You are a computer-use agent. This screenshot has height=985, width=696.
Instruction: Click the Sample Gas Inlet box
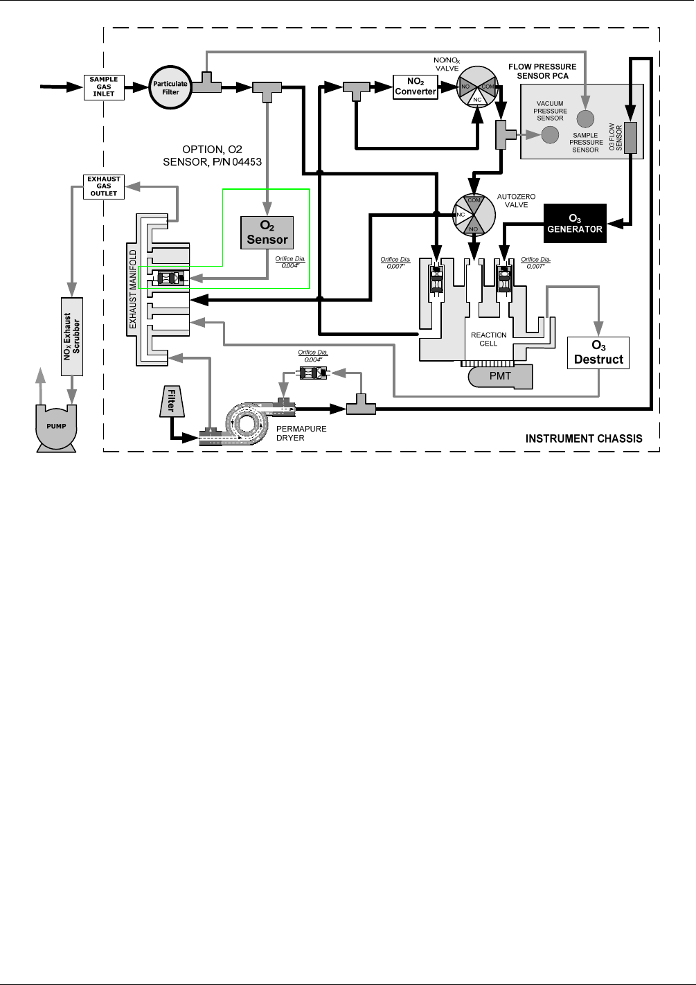(x=104, y=87)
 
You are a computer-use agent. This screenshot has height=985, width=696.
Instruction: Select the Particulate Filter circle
(x=170, y=88)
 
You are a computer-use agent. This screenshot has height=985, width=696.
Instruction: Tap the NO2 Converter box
(x=416, y=87)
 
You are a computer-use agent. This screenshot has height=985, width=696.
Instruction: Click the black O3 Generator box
(x=575, y=223)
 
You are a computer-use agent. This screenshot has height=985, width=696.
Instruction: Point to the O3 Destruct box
(x=598, y=353)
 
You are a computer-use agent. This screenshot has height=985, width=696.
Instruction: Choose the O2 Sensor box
(x=267, y=232)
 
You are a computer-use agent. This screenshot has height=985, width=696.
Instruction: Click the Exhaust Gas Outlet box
(x=104, y=186)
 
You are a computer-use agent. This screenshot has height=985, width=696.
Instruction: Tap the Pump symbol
(x=56, y=427)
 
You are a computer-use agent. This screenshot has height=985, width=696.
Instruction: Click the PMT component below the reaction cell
(x=500, y=376)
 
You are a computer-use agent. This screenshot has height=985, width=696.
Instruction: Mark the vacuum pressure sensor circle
(x=550, y=134)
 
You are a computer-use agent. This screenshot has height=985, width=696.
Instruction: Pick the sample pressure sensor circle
(x=586, y=118)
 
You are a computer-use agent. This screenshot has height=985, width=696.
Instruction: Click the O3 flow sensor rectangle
(x=630, y=136)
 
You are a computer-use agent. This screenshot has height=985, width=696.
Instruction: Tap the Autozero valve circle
(x=474, y=213)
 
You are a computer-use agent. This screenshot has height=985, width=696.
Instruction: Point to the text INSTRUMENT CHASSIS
(x=584, y=438)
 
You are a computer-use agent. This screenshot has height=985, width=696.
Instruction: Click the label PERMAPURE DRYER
(x=301, y=434)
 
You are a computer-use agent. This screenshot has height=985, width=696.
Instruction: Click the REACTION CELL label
(x=488, y=339)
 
